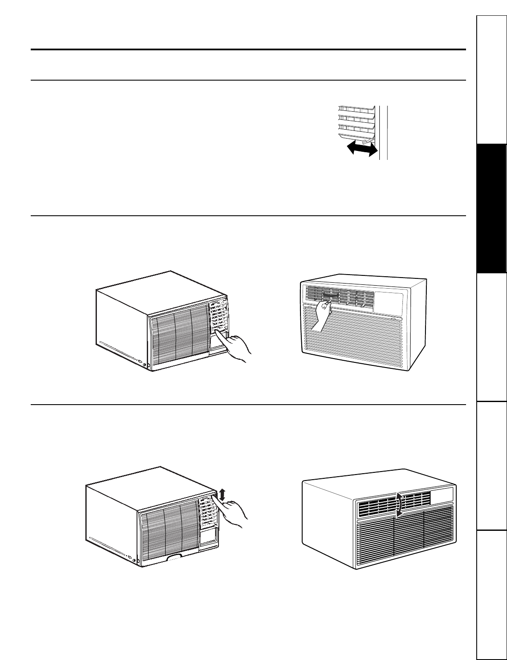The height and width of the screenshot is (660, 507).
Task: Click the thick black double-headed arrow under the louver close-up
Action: [362, 148]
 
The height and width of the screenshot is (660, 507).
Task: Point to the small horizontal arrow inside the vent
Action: [330, 294]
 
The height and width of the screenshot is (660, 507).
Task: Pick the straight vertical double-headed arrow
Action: [221, 495]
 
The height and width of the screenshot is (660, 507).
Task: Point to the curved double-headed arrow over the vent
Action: [399, 505]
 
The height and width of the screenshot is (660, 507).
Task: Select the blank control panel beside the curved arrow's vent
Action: [441, 494]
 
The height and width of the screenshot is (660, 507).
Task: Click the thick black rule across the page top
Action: [248, 49]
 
